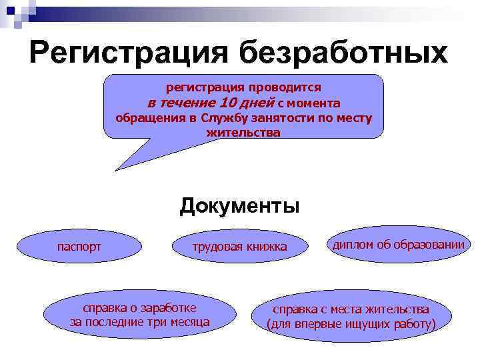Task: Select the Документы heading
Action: [x=239, y=205]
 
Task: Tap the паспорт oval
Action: [x=79, y=247]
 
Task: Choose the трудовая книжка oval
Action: [x=239, y=247]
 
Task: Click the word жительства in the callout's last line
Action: [x=243, y=132]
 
